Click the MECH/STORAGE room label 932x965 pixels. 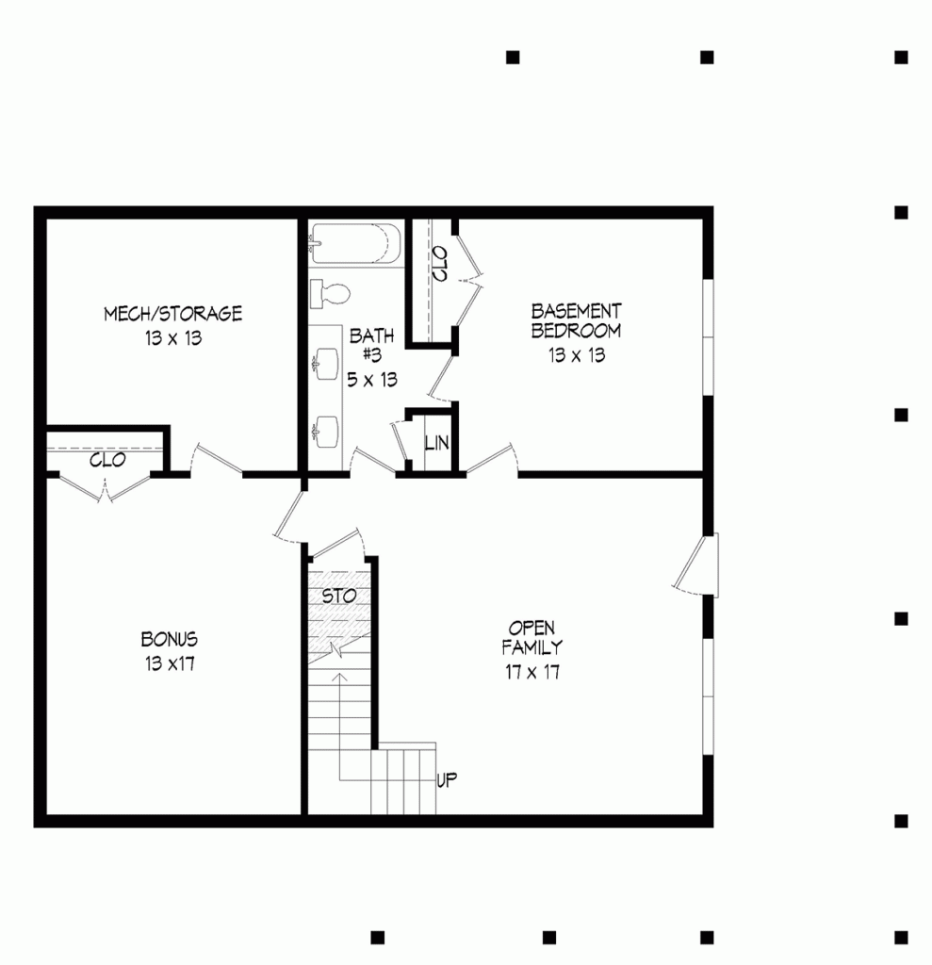tap(172, 314)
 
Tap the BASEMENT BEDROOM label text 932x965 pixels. tap(576, 320)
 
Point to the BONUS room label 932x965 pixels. tap(170, 639)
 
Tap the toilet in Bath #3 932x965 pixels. tap(331, 294)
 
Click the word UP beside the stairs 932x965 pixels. tap(447, 779)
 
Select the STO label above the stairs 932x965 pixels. tap(338, 597)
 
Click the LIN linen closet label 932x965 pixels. tap(436, 443)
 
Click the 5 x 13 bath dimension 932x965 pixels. tap(372, 380)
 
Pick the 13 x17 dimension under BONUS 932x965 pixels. tap(170, 663)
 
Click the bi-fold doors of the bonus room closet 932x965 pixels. tap(106, 485)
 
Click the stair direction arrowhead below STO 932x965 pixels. tap(338, 676)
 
